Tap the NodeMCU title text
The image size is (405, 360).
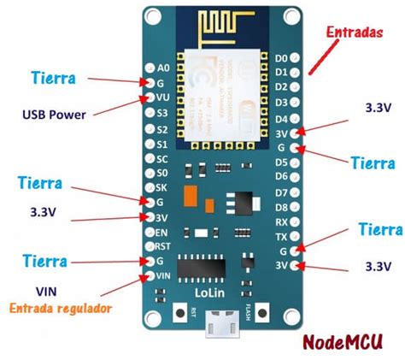pos(345,342)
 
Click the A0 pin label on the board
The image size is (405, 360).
pos(164,67)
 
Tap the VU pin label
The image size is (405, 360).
pos(162,98)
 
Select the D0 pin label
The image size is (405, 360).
pos(279,58)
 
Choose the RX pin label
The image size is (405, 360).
pos(279,221)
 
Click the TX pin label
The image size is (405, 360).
pos(279,236)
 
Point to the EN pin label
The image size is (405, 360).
pos(162,231)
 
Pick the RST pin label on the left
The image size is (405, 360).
pos(163,245)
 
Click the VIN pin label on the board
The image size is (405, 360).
pos(163,275)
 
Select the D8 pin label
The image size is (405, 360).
pos(279,206)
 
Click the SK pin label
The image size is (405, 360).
pos(162,187)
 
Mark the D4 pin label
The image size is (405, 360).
pos(279,117)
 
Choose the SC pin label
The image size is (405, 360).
pos(162,158)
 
